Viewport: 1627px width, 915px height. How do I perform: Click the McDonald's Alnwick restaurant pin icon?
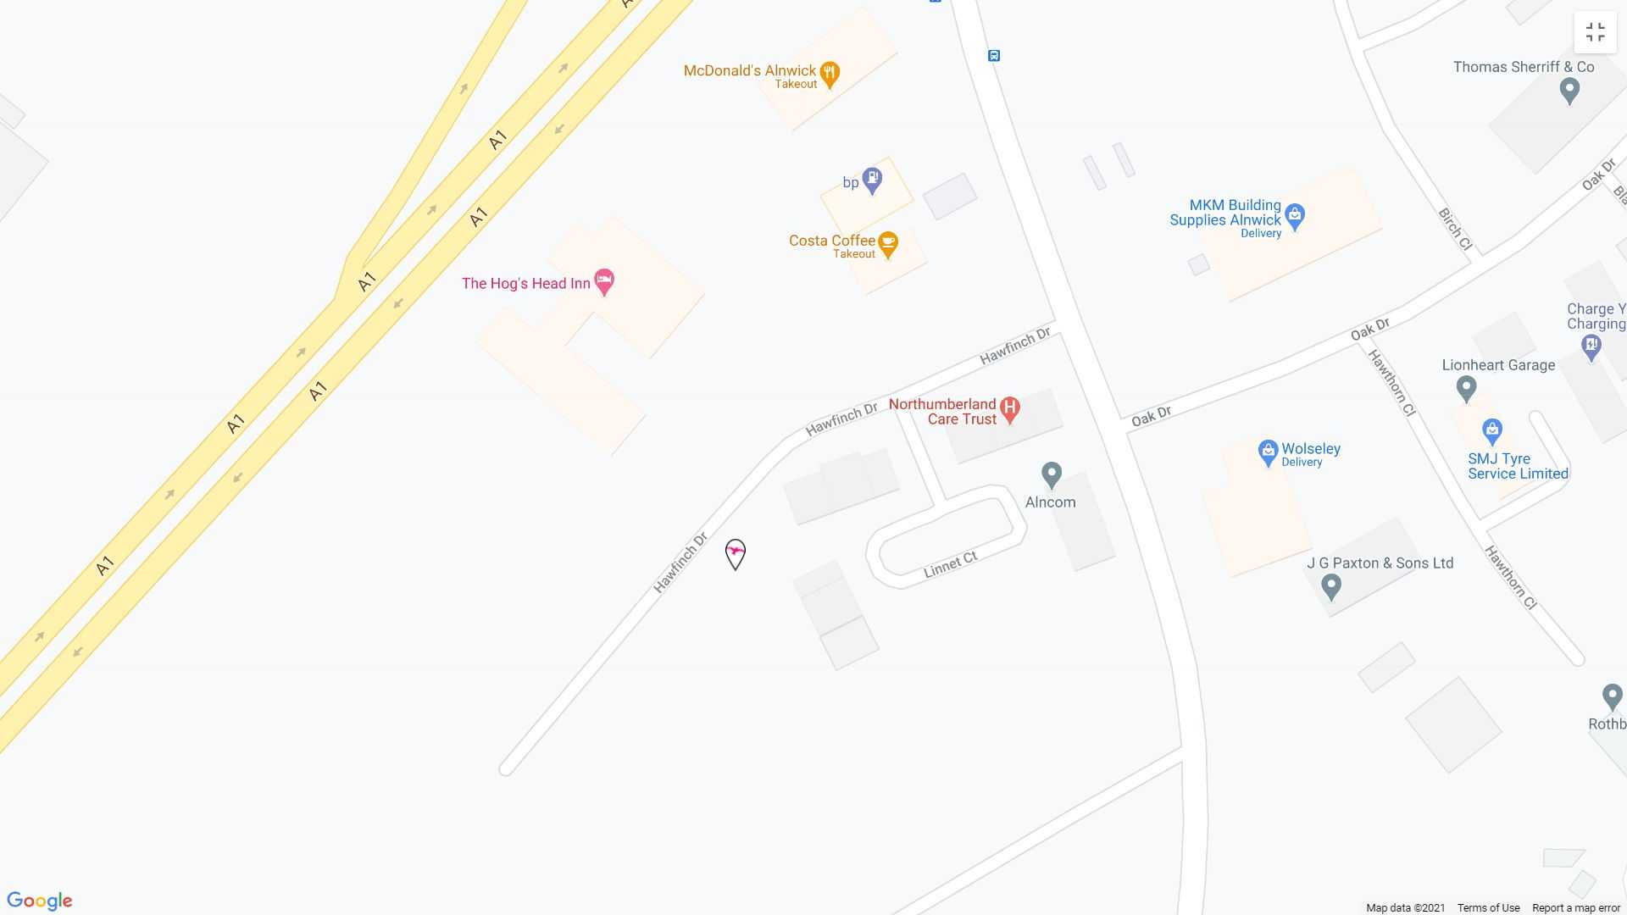[830, 74]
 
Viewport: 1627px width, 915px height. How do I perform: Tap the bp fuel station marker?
[872, 180]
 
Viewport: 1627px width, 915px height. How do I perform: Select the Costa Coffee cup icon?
[887, 244]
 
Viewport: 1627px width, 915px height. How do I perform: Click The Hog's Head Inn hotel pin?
[604, 281]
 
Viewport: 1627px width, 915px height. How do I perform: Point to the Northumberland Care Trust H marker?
[1008, 409]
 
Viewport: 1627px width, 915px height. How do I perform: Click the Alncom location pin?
[1052, 474]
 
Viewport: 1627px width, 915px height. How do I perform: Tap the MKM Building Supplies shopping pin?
[1294, 216]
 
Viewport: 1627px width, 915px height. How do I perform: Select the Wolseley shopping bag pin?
[1268, 452]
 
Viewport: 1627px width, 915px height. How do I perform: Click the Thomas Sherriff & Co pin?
[1569, 90]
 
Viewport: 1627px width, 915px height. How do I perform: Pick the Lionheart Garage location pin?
[1466, 388]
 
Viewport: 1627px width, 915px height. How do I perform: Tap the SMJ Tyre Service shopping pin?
[1492, 431]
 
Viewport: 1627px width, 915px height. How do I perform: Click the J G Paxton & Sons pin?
[1331, 585]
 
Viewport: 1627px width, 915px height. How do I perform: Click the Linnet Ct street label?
[950, 564]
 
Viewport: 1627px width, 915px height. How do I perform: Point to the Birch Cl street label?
[1455, 229]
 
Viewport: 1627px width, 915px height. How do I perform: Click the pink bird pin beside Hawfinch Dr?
[736, 554]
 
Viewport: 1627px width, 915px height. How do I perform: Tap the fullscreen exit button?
[1595, 32]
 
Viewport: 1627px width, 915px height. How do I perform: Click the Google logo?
[40, 901]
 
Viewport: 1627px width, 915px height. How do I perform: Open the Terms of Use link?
[1488, 908]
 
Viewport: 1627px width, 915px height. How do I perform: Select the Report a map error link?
[1575, 908]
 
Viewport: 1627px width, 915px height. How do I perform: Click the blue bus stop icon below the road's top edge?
[994, 56]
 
